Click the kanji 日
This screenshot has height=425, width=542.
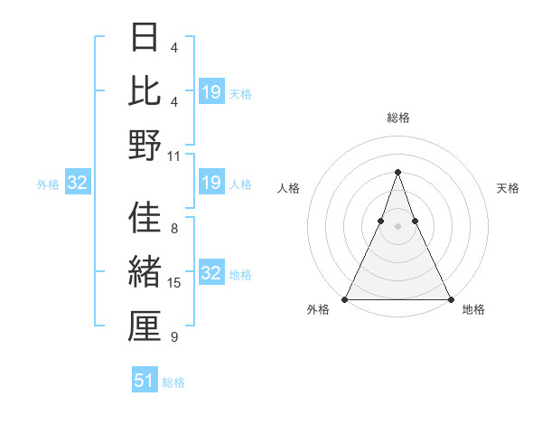tap(145, 38)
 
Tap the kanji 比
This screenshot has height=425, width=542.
tap(145, 91)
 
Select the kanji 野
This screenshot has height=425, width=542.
tap(145, 146)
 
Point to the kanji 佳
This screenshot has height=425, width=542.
tap(145, 219)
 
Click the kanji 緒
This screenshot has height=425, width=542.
tap(145, 272)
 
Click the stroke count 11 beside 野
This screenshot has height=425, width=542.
tap(174, 156)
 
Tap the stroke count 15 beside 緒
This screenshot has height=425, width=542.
tap(174, 283)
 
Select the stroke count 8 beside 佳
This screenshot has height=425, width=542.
tap(174, 229)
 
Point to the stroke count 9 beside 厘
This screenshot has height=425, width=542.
tap(174, 337)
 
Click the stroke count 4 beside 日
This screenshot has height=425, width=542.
tap(174, 47)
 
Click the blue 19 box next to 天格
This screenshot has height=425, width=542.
tap(211, 91)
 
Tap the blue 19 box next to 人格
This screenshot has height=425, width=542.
tap(211, 184)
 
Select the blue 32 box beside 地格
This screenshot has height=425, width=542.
tap(211, 273)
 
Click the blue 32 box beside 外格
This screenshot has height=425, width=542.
tap(78, 184)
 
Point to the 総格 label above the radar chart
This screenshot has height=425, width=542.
tap(398, 118)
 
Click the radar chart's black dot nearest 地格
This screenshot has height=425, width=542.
tap(450, 298)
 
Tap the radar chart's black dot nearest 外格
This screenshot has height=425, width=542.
tap(346, 298)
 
